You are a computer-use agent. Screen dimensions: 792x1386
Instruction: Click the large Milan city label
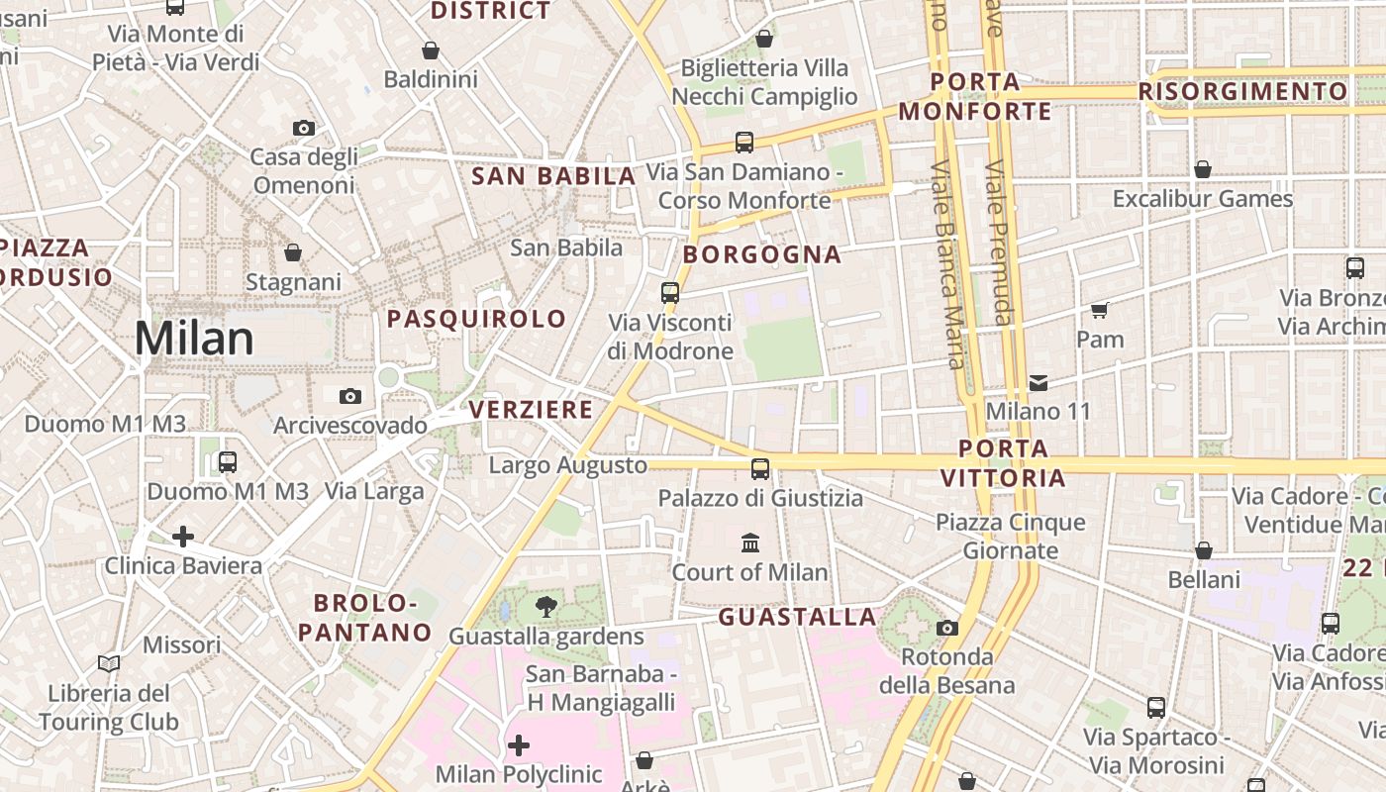point(194,339)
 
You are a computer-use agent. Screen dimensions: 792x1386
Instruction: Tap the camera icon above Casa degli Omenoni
point(304,128)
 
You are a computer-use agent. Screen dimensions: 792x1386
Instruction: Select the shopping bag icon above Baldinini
point(431,50)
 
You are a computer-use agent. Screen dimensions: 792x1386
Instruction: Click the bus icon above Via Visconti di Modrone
point(670,293)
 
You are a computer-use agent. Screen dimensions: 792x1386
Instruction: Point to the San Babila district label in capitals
point(552,176)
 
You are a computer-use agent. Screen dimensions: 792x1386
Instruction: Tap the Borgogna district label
point(761,254)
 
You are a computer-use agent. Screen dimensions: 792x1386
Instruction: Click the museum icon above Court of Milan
point(750,543)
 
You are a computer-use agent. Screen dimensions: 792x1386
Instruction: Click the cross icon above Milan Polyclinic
point(518,744)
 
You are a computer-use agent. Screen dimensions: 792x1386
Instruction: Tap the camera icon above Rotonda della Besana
point(947,628)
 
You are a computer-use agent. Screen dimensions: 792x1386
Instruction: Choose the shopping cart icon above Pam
point(1099,311)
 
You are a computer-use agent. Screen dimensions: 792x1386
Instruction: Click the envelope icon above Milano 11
point(1038,382)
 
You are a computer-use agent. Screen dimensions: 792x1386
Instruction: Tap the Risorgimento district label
point(1242,92)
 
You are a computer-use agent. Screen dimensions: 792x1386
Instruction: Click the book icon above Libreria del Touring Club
point(109,664)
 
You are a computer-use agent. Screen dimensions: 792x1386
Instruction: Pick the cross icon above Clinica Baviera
point(183,537)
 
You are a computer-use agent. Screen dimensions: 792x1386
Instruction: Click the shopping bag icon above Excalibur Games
point(1202,169)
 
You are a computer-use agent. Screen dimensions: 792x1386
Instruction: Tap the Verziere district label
point(531,409)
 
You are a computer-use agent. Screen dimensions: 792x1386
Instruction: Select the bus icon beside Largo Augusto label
point(760,469)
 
